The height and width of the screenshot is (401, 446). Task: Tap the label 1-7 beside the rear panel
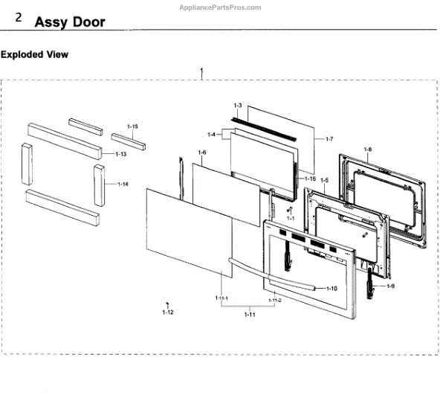330,139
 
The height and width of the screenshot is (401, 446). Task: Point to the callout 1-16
310,179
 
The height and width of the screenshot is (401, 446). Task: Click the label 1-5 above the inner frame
324,180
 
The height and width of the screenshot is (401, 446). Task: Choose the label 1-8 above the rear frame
367,150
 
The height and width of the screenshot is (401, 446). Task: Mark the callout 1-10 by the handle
332,287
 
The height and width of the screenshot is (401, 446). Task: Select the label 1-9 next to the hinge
390,286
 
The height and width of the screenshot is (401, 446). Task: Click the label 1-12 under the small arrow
167,313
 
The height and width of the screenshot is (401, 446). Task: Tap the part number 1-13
120,153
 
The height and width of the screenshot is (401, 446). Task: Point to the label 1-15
132,127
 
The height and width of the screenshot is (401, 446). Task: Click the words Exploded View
34,55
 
